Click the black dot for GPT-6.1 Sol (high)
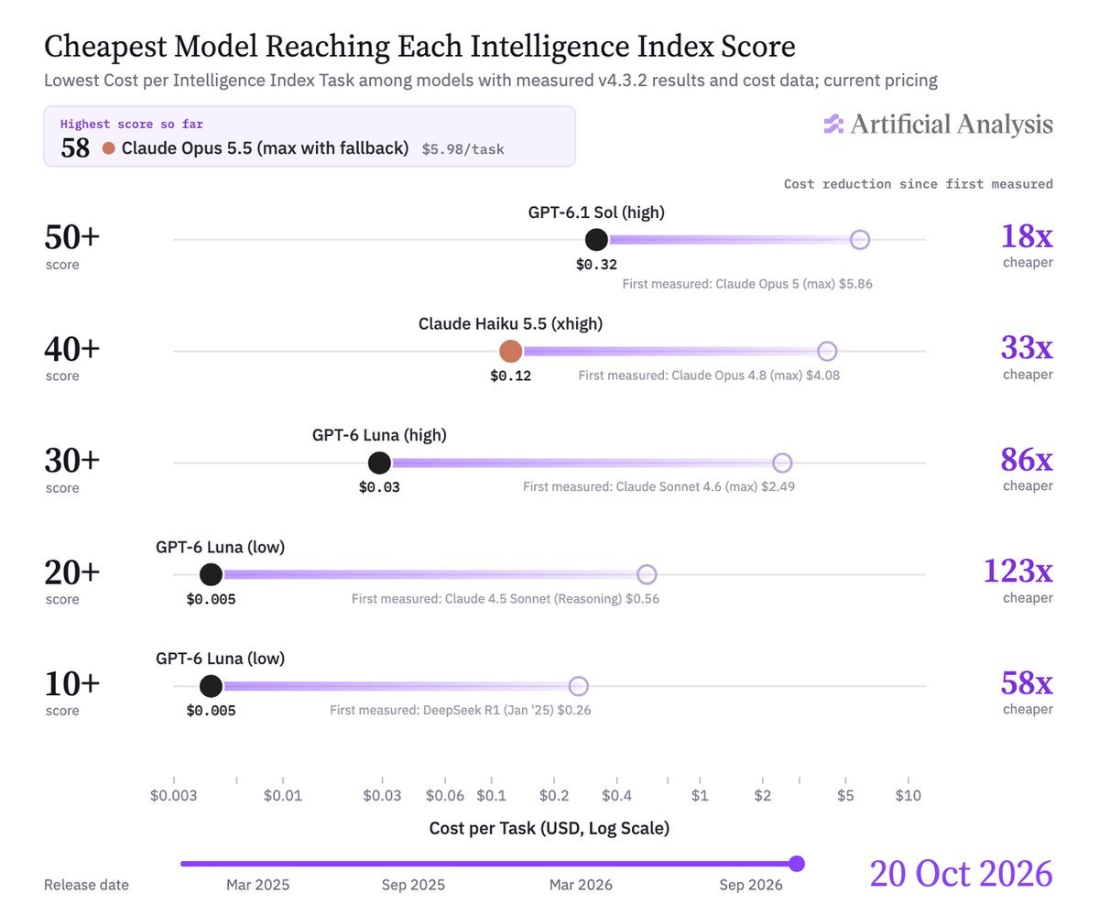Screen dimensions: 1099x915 (596, 240)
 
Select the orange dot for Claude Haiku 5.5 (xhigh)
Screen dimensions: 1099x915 (510, 351)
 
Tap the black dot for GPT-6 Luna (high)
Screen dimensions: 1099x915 (379, 463)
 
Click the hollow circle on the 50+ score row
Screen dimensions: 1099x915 (860, 240)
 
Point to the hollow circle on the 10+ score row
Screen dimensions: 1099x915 (579, 686)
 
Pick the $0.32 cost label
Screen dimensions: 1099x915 (596, 265)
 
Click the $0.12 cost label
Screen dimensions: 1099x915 (510, 376)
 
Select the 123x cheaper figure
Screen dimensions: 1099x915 (1017, 571)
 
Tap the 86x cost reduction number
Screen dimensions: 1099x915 (1027, 459)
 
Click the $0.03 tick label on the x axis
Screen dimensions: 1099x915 (382, 795)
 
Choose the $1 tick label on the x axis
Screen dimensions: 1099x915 (700, 795)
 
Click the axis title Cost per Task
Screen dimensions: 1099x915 (549, 828)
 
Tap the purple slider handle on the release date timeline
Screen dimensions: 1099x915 (797, 864)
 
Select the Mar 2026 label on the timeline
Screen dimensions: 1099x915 (581, 885)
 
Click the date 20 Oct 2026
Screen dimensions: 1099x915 (961, 874)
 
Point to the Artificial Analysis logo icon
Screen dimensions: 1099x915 (833, 124)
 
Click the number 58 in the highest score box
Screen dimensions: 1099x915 (75, 148)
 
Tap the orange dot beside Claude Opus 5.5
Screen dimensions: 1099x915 (109, 148)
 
